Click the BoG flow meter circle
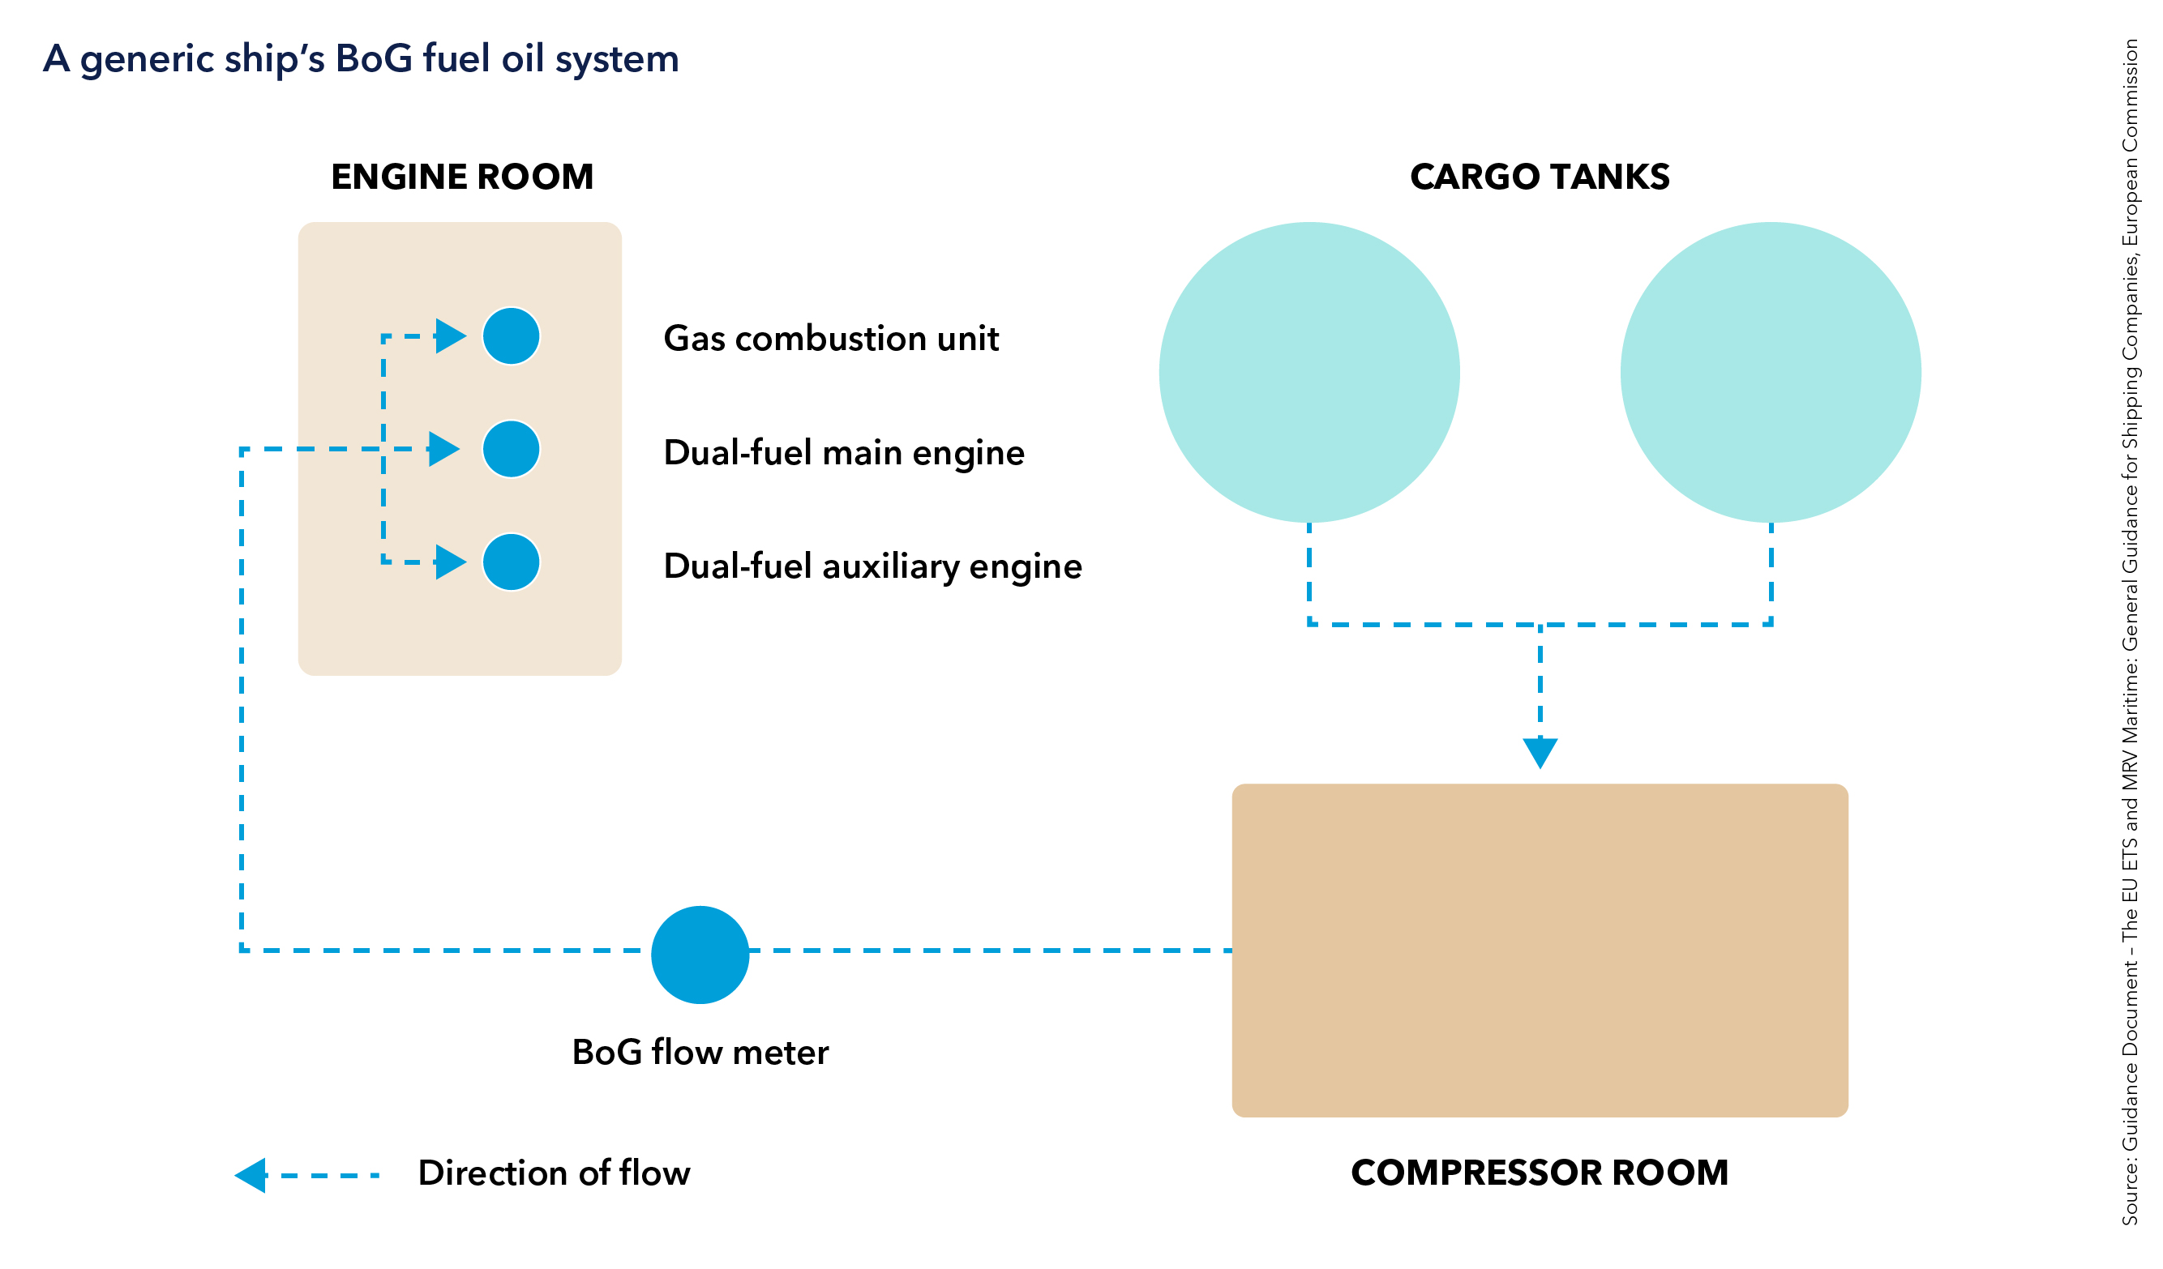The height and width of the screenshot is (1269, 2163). pos(700,954)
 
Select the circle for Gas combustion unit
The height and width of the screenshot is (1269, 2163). pos(511,336)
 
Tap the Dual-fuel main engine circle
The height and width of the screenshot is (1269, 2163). pos(511,449)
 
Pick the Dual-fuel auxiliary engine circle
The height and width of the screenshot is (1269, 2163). pos(511,562)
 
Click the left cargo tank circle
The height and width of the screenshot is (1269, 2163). pos(1309,373)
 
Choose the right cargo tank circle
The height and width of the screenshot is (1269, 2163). pos(1770,373)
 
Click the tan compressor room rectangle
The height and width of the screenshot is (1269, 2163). pos(1540,950)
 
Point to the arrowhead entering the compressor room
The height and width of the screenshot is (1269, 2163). pos(1540,752)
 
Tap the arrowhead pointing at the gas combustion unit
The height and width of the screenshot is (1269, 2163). pos(450,336)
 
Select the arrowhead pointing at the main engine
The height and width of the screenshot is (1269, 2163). pos(443,449)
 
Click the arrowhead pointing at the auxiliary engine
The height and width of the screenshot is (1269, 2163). pos(450,562)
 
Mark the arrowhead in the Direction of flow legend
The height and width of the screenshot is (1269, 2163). pos(251,1175)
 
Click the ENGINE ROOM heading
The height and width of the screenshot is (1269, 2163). pos(462,177)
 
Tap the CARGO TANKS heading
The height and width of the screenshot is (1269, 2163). pos(1540,177)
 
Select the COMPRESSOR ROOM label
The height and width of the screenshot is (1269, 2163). pos(1540,1173)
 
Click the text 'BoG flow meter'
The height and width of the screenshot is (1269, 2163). pos(700,1053)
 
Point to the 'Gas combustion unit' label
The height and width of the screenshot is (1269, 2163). pos(831,338)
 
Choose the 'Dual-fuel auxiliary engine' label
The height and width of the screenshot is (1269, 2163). pos(872,566)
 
